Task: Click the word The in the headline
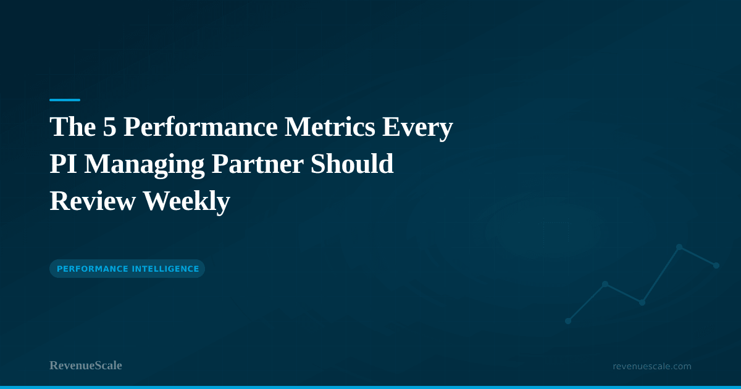69,127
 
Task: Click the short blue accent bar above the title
65,99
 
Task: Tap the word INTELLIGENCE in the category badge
165,269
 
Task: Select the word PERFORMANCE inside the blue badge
93,269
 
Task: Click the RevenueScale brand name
86,366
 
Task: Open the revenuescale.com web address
651,366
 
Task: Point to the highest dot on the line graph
679,247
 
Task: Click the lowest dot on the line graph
568,321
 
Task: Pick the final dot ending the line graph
716,266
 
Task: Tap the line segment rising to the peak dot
661,275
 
